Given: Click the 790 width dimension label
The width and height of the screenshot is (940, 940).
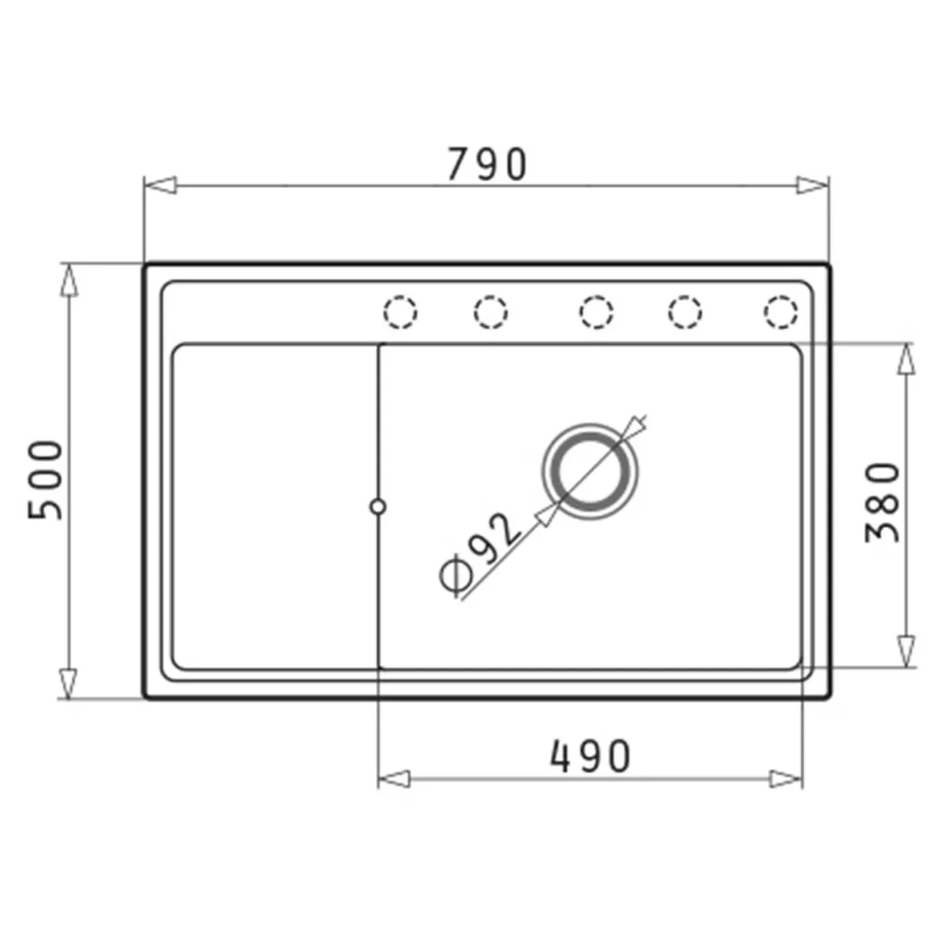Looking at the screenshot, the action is click(486, 164).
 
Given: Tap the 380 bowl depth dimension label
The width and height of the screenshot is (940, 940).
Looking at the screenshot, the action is click(881, 502).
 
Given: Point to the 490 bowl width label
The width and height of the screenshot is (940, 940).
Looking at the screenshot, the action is click(591, 756).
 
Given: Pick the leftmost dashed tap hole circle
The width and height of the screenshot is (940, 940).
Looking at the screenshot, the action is click(400, 312).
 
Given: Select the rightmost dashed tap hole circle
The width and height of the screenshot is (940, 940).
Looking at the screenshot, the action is click(781, 312).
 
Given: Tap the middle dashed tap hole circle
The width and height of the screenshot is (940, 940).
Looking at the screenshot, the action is click(596, 312).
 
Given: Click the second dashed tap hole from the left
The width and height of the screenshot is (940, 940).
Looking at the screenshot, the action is click(490, 312).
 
